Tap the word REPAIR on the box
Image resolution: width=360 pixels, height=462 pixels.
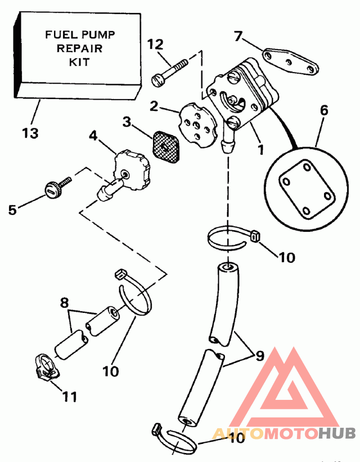(x=79, y=48)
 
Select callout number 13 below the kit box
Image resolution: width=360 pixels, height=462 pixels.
(x=30, y=133)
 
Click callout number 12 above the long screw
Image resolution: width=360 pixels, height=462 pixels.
(x=156, y=44)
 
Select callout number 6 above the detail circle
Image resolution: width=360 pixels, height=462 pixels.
(x=324, y=109)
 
